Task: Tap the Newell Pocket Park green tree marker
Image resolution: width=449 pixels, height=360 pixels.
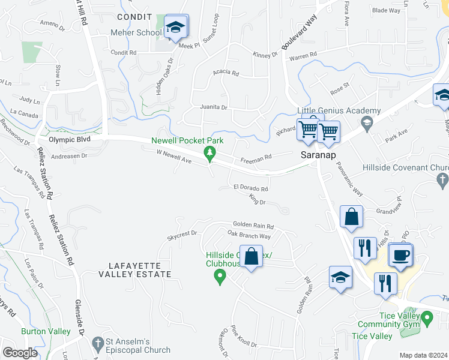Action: tap(209, 154)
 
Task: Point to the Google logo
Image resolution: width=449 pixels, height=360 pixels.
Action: tap(20, 353)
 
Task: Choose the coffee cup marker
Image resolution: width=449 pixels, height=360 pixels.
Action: tap(400, 255)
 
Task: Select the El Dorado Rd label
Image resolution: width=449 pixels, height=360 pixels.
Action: tap(251, 188)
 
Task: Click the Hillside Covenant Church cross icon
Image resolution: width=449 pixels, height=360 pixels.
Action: tap(442, 179)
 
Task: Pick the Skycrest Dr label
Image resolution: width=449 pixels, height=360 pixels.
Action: tap(182, 233)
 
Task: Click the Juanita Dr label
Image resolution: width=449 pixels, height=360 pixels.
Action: tap(214, 108)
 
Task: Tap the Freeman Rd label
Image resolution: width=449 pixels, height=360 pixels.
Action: tap(256, 158)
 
